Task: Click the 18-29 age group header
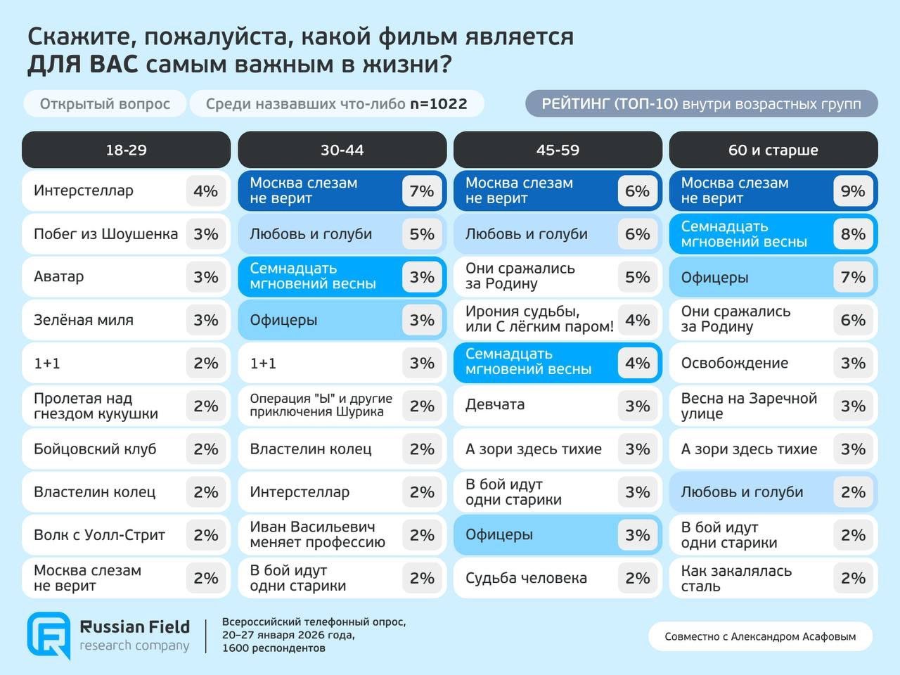tap(126, 150)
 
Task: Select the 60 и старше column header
tap(773, 150)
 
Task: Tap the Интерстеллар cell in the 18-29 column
tap(84, 191)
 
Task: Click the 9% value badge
tap(852, 191)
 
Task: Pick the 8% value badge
tap(852, 234)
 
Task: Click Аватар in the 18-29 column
tap(59, 277)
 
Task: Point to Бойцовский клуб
tap(95, 449)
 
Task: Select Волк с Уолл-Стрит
tap(99, 535)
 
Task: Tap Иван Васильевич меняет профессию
tap(317, 534)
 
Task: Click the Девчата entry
tap(495, 405)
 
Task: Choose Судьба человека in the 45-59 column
tap(526, 578)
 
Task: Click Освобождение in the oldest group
tap(734, 364)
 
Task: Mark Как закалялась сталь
tap(736, 578)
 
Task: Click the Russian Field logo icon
tap(49, 635)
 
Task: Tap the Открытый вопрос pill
tap(105, 104)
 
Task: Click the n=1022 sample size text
tap(439, 104)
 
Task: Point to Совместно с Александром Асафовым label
tap(760, 636)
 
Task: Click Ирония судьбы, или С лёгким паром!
tap(539, 319)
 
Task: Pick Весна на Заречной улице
tap(749, 406)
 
